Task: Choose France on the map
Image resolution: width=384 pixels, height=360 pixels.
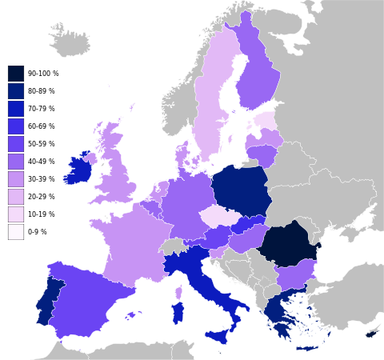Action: click(128, 244)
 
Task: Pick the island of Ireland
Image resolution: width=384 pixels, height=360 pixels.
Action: click(78, 170)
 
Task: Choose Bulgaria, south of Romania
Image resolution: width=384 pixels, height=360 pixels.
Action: click(294, 277)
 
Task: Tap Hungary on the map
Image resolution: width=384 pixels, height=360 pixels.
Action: click(248, 238)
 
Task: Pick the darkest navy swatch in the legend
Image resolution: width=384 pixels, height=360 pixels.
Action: click(16, 74)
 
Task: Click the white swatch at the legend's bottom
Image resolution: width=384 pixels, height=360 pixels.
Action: click(16, 232)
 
